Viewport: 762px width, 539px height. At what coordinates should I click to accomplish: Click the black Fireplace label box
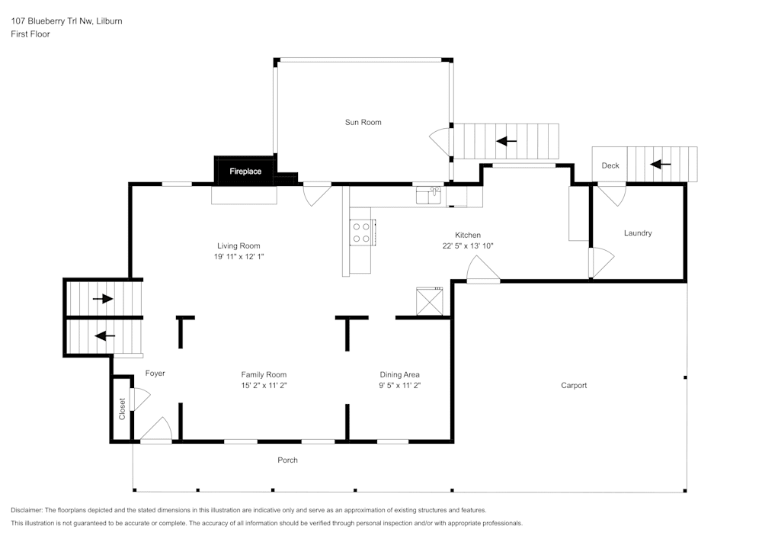[245, 172]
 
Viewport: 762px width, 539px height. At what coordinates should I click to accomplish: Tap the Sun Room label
[363, 122]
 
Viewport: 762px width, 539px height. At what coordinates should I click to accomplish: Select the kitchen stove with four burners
[361, 233]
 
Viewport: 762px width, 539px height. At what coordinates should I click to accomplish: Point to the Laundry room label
[638, 233]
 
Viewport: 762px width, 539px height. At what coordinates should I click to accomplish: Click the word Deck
[610, 165]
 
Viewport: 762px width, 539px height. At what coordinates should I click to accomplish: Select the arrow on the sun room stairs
[506, 141]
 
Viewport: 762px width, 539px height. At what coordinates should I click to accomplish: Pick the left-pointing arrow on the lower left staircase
[104, 335]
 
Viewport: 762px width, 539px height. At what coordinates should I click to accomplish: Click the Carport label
[574, 385]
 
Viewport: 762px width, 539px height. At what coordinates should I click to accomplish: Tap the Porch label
[287, 460]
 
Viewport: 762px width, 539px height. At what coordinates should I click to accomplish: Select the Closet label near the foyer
[122, 409]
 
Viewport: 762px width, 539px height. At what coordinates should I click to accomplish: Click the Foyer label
[155, 373]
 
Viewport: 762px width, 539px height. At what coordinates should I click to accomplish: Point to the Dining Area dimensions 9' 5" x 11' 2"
[400, 386]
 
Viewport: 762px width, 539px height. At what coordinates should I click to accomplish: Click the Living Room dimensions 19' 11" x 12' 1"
[239, 257]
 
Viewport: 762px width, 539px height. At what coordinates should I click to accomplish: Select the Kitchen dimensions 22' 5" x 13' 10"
[468, 246]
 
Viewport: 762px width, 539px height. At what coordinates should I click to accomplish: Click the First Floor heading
[30, 34]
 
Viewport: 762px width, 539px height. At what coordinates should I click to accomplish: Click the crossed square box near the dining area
[429, 300]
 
